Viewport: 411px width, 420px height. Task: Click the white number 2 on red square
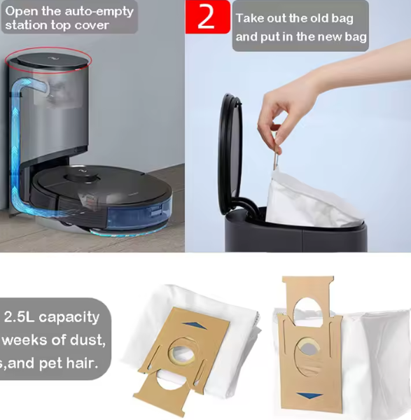tap(206, 17)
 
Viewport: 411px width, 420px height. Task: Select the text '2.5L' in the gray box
tap(20, 317)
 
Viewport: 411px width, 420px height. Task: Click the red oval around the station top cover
tap(48, 59)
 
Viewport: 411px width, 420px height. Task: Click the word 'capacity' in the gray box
tap(69, 317)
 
